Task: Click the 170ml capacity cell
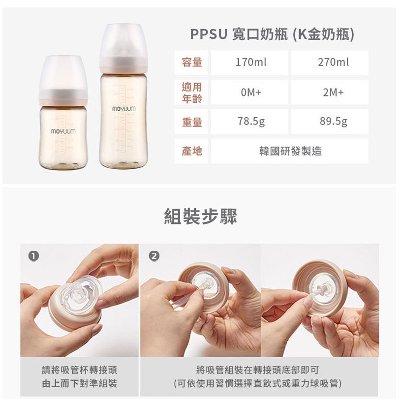click(249, 62)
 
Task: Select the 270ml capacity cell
click(330, 62)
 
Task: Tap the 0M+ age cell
click(249, 92)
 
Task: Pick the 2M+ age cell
click(330, 92)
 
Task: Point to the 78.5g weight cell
click(249, 122)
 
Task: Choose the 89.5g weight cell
click(330, 122)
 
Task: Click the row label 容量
click(192, 62)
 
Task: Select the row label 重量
click(192, 122)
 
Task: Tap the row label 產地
click(192, 151)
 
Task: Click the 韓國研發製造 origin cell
click(290, 151)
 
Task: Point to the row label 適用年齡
click(192, 92)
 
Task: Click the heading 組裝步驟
click(201, 216)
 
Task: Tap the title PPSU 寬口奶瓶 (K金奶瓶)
click(272, 34)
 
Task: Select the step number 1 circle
click(33, 256)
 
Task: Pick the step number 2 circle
click(154, 256)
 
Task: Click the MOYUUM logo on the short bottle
click(63, 131)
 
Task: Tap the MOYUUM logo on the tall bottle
click(123, 109)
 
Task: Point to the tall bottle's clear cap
click(123, 46)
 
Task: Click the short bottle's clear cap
click(63, 77)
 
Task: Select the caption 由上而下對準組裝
click(79, 383)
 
